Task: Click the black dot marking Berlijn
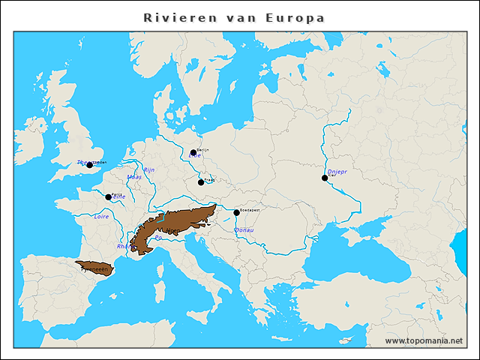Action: click(193, 152)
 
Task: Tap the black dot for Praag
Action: click(201, 182)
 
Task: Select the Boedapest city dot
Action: click(236, 212)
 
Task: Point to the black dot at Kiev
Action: click(325, 178)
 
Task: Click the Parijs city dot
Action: click(108, 197)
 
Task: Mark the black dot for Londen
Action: click(89, 165)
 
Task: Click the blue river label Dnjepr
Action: click(337, 172)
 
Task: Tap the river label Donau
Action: click(244, 230)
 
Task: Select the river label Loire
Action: click(101, 216)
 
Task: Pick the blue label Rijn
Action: click(148, 170)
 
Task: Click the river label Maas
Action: click(134, 178)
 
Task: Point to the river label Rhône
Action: click(124, 246)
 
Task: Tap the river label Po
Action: click(157, 238)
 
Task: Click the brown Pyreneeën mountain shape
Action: click(95, 268)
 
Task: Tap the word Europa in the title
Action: click(295, 17)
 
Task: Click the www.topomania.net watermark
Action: click(424, 340)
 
